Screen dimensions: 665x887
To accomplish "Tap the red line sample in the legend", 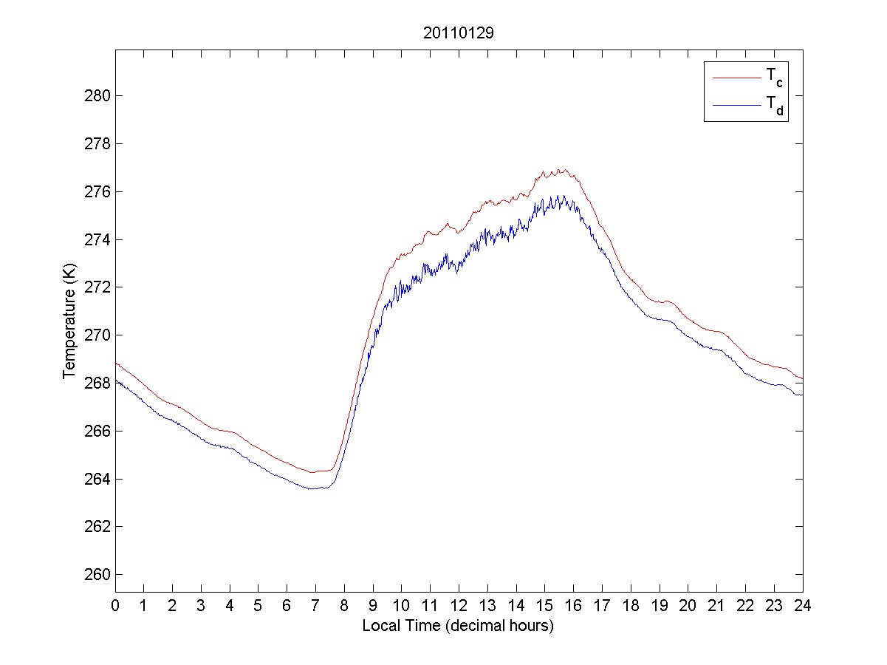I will click(x=736, y=77).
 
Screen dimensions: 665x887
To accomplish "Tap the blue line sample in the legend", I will click(x=736, y=106).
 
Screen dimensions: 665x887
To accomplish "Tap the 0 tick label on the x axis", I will click(x=115, y=606).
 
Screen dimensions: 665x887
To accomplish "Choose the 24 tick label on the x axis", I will click(x=803, y=606).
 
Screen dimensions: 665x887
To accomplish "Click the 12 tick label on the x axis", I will click(x=459, y=606).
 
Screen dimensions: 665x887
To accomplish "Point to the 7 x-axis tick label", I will click(x=315, y=606).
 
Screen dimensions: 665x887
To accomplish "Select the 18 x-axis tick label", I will click(x=631, y=606).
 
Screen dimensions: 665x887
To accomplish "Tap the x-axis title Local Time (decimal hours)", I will click(x=458, y=626).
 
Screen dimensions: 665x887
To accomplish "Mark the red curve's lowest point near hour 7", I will click(x=313, y=472).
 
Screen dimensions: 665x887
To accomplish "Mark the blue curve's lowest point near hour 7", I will click(x=315, y=488).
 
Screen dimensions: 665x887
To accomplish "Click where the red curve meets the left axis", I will click(x=116, y=363).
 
